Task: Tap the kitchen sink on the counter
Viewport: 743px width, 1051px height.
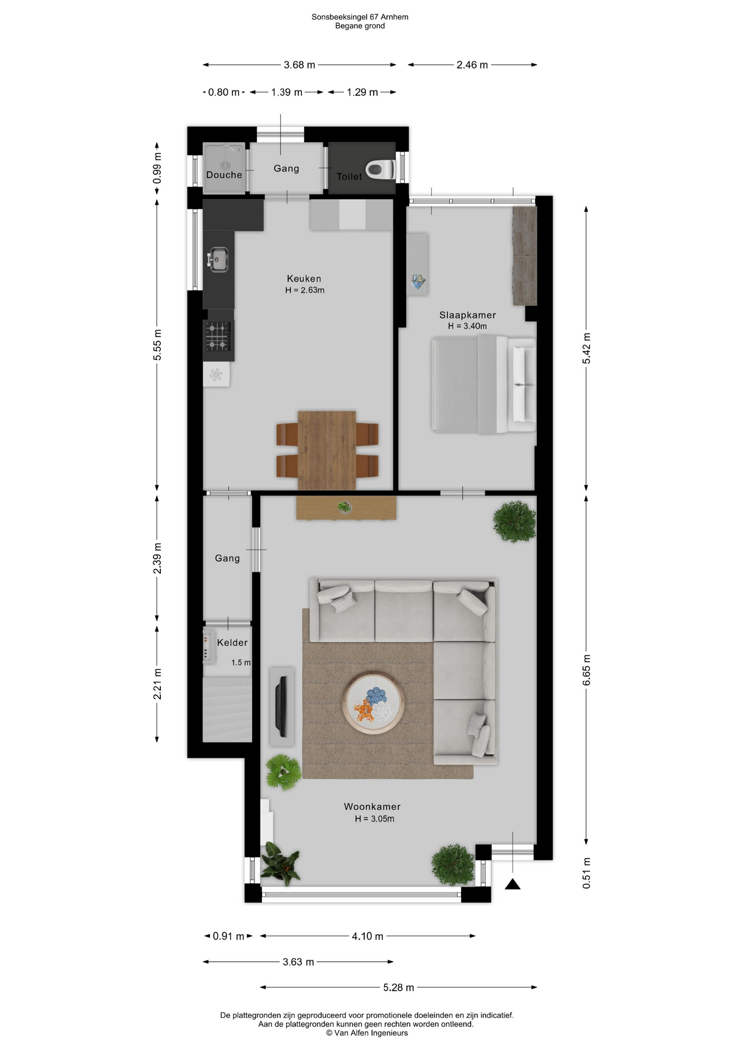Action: click(218, 259)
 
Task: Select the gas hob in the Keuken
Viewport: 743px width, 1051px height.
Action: click(218, 336)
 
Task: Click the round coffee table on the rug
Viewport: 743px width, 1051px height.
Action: click(374, 703)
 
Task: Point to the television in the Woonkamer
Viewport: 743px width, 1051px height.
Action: click(281, 706)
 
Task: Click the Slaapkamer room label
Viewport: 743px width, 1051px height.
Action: click(467, 315)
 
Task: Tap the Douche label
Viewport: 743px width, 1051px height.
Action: click(224, 175)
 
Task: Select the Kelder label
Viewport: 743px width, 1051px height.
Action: click(232, 642)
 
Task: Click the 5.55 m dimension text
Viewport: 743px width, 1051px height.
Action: click(157, 345)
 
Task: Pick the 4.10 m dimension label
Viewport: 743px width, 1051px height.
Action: click(367, 936)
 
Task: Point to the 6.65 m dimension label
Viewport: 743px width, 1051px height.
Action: click(586, 670)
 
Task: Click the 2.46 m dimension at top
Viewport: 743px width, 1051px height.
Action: click(472, 65)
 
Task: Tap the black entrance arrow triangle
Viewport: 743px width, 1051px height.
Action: click(513, 883)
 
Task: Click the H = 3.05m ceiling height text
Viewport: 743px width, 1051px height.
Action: click(374, 819)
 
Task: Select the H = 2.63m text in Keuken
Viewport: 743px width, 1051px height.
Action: click(305, 290)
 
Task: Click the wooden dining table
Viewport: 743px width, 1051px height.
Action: click(327, 450)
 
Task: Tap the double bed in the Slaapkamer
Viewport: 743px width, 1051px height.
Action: click(484, 385)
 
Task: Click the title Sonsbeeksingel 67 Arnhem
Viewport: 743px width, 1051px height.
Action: click(360, 17)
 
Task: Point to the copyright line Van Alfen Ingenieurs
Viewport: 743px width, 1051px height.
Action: click(367, 1033)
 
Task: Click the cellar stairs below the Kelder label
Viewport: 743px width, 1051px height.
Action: click(227, 709)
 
